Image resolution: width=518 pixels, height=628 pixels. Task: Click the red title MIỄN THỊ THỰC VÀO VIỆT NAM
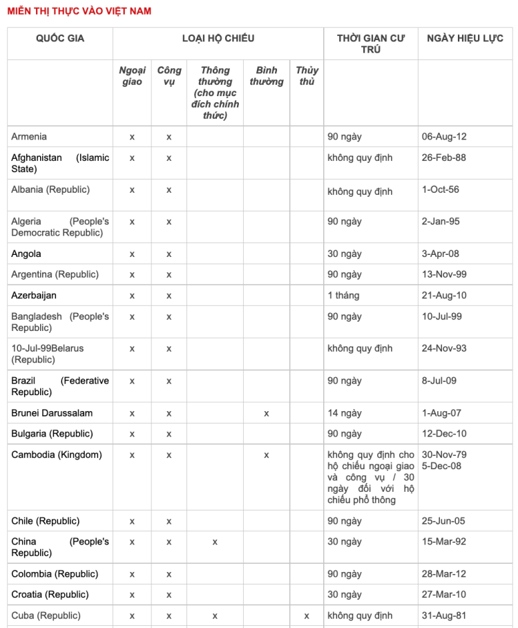79,11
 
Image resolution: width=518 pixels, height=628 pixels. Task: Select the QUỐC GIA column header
60,38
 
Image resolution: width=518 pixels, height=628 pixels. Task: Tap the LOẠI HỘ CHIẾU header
218,38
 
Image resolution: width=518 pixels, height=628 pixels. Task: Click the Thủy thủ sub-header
307,76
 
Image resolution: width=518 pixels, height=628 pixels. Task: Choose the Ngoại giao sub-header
132,76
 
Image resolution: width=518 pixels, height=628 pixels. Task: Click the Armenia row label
29,137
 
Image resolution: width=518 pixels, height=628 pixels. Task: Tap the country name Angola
26,254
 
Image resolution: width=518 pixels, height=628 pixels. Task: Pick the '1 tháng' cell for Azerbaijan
343,295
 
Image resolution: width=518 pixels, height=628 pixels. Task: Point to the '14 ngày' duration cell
345,413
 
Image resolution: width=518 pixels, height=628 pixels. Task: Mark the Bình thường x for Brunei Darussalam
266,413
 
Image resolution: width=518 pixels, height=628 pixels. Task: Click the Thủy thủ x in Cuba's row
307,616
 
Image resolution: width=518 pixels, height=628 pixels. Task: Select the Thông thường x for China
215,542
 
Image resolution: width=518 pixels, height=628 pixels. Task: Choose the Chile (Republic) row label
46,521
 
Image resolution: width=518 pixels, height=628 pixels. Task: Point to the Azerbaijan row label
34,295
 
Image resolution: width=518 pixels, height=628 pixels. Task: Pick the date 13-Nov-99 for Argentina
444,274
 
